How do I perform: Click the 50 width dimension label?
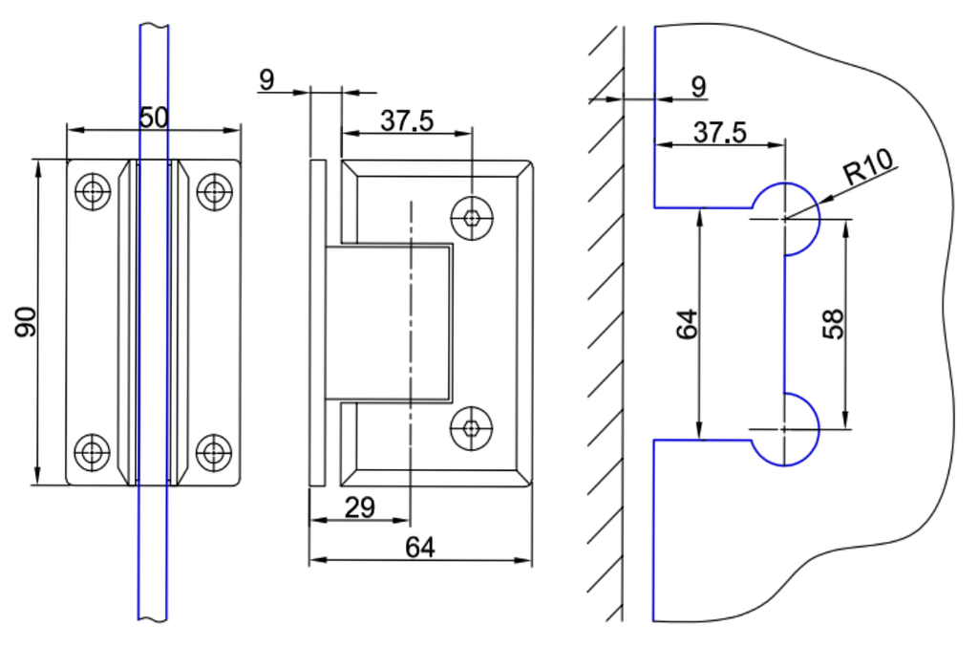[154, 118]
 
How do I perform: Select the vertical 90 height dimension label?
[26, 322]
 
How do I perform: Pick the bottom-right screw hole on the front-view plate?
[214, 449]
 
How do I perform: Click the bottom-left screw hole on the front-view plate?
[93, 449]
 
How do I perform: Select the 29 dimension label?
[359, 507]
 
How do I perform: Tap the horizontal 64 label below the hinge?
[420, 547]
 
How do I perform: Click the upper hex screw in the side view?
[472, 217]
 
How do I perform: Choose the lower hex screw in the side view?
[472, 429]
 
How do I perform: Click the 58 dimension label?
[834, 323]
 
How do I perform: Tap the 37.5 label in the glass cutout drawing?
[720, 133]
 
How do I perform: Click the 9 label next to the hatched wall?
[699, 86]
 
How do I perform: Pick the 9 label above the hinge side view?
[266, 79]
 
